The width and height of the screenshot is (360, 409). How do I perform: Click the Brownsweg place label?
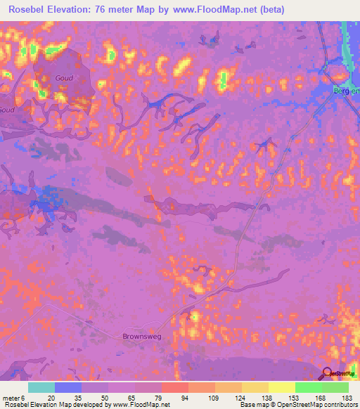tap(143, 335)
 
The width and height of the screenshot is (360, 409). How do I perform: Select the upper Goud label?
tap(64, 78)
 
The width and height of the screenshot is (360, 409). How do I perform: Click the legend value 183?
tap(346, 397)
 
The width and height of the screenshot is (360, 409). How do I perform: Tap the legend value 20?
tap(51, 397)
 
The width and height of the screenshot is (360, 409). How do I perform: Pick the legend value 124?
tap(239, 397)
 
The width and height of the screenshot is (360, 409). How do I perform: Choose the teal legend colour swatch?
tap(41, 387)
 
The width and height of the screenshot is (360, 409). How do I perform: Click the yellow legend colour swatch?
tap(282, 387)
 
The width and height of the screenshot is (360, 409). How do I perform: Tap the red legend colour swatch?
tap(175, 387)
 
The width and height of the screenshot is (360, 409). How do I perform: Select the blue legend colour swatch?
tap(68, 387)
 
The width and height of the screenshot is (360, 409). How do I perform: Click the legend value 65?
tap(132, 397)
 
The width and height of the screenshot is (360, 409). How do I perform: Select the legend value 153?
tap(292, 397)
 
